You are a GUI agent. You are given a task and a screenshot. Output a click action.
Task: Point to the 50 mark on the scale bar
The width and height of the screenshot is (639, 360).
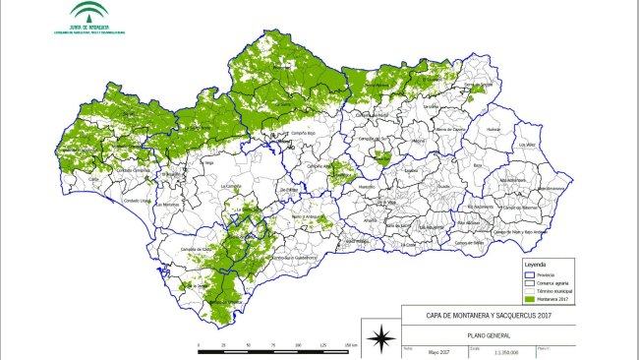[249, 347]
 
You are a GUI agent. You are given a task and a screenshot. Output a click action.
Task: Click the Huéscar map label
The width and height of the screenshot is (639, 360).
[494, 129]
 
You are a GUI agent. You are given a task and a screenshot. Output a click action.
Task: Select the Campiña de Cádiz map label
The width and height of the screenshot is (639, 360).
[197, 250]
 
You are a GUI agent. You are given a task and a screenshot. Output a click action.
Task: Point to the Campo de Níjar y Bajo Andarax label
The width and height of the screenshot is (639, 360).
[521, 231]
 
